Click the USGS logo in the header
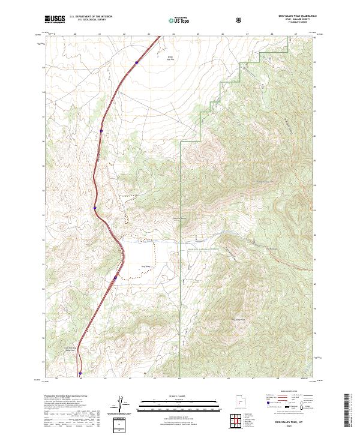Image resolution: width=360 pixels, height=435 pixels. (x=55, y=20)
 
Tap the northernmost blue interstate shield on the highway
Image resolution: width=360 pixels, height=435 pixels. (x=137, y=61)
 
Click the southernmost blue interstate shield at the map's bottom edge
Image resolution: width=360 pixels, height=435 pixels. (x=80, y=373)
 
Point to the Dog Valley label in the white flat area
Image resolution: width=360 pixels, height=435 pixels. (x=145, y=266)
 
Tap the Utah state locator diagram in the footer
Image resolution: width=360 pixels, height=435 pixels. (x=239, y=400)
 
